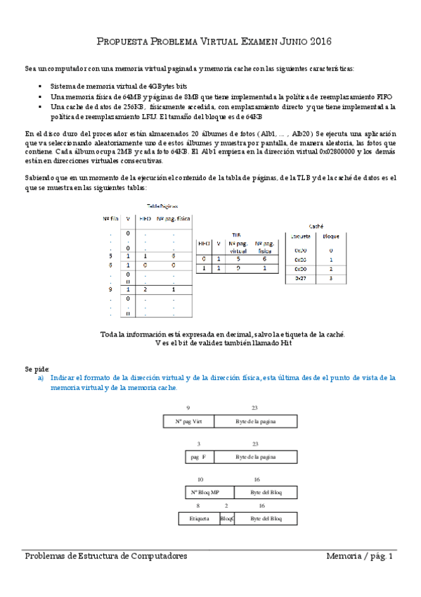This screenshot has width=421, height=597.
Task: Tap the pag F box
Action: (198, 457)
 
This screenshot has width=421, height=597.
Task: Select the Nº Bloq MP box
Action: (205, 491)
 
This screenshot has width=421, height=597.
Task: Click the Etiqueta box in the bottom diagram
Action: (199, 518)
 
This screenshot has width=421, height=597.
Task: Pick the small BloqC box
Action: (226, 518)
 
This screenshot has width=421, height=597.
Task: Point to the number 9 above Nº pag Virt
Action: (188, 408)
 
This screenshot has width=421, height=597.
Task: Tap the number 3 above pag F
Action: (199, 444)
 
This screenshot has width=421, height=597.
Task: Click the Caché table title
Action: (316, 227)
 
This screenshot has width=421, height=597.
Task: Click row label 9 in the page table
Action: (110, 289)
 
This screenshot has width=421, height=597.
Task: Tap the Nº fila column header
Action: (109, 218)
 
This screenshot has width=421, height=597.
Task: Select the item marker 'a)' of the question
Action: (41, 378)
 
